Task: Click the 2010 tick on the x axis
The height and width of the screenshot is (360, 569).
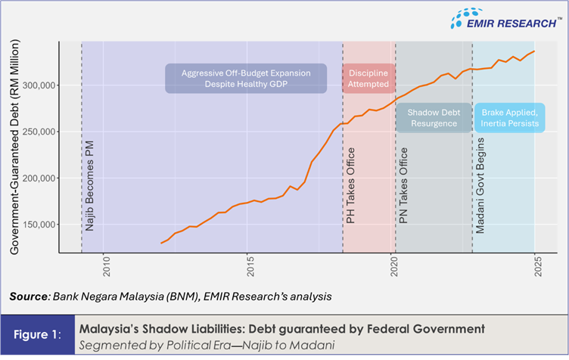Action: click(x=106, y=258)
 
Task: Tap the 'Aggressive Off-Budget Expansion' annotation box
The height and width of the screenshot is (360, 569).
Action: click(x=246, y=78)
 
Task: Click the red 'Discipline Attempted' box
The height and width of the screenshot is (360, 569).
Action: click(x=368, y=78)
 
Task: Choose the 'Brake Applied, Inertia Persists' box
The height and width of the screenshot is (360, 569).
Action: click(x=509, y=117)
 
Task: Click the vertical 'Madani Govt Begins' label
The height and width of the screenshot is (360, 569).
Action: click(x=481, y=185)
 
